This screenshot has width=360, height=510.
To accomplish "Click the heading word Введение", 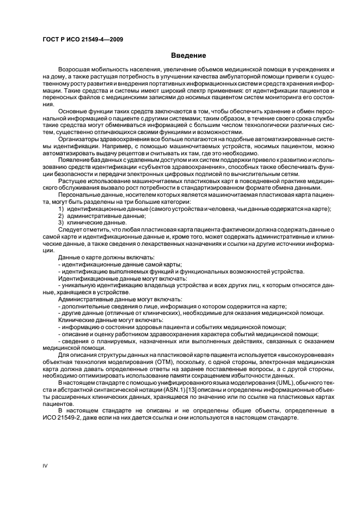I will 188,56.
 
